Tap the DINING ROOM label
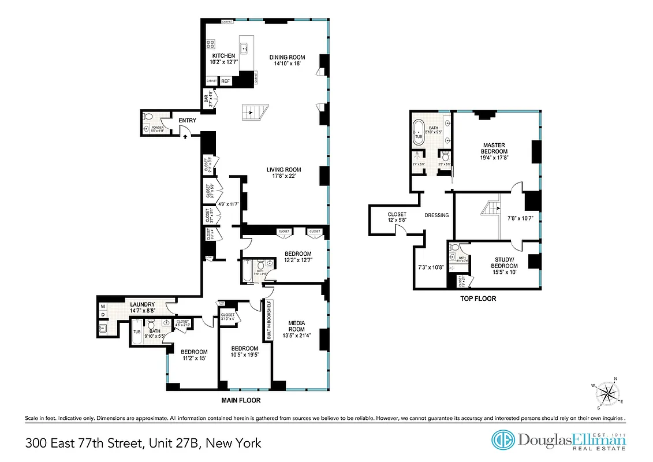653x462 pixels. pos(287,57)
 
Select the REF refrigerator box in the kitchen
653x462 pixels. pos(226,81)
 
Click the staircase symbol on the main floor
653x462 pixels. pos(255,111)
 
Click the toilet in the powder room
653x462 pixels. pos(149,118)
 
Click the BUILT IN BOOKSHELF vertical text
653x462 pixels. pos(268,319)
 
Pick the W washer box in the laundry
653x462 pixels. pos(103,305)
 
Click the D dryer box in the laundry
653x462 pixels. pos(103,315)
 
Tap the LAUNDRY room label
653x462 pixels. pos(142,304)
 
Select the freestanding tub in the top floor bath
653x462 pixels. pos(417,132)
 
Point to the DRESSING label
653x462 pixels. pos(436,215)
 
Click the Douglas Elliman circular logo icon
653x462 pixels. pos(502,440)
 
